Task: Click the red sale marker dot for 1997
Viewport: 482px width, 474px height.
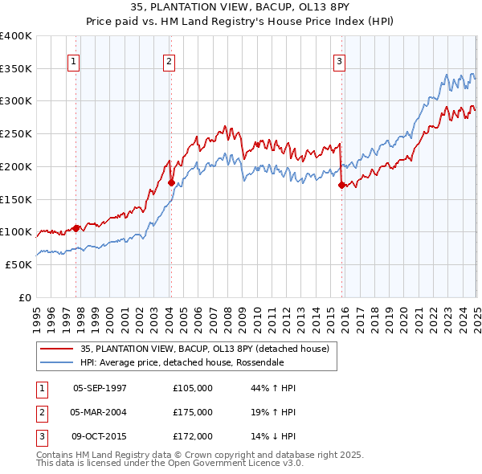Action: pyautogui.click(x=76, y=228)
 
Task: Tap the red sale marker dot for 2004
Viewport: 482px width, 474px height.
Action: pyautogui.click(x=171, y=182)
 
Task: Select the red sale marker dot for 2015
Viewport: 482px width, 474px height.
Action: pyautogui.click(x=341, y=185)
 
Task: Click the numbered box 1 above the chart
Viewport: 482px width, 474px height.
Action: pyautogui.click(x=73, y=60)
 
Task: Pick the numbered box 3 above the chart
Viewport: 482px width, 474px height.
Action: pyautogui.click(x=339, y=60)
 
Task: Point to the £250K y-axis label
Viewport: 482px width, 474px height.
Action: pyautogui.click(x=16, y=134)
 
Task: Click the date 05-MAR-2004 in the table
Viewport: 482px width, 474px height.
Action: pyautogui.click(x=100, y=412)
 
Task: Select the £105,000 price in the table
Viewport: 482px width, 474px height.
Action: pyautogui.click(x=193, y=388)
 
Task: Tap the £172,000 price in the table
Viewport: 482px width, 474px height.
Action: pyautogui.click(x=193, y=436)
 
